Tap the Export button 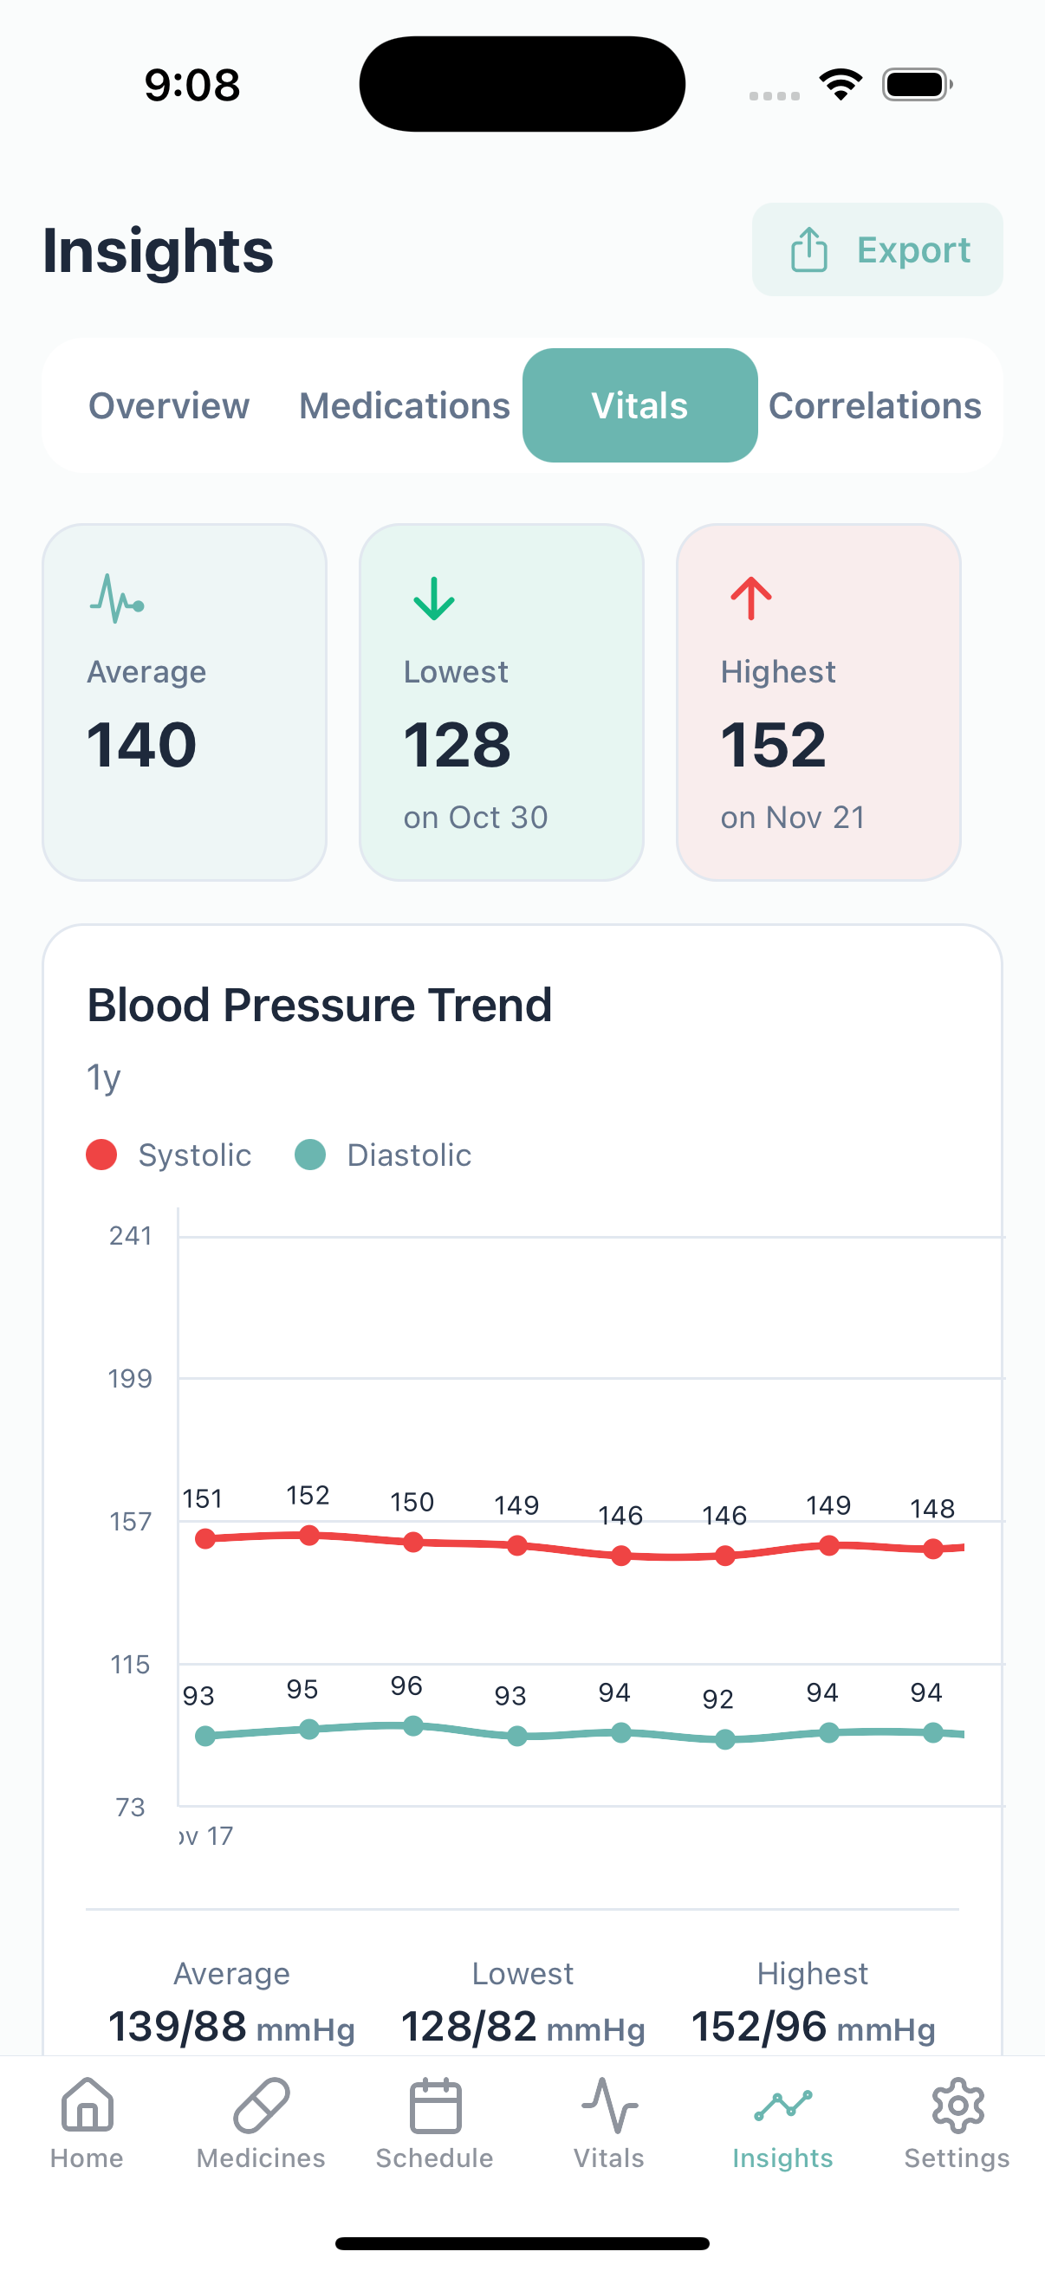coord(878,249)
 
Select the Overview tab coord(168,405)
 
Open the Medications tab coord(404,405)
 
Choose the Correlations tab coord(874,405)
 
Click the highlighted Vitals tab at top coord(639,405)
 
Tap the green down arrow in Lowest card coord(434,598)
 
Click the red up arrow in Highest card coord(750,598)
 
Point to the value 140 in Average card coord(141,745)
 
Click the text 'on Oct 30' coord(476,818)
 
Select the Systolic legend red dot coord(101,1154)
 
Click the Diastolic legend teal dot coord(310,1154)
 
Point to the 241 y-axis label coord(131,1236)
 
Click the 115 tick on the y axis coord(131,1665)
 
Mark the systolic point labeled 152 coord(308,1536)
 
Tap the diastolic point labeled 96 coord(412,1726)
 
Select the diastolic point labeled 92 coord(725,1739)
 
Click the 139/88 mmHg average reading coord(231,2026)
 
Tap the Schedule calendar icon coord(435,2106)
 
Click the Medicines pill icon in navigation coord(261,2106)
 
